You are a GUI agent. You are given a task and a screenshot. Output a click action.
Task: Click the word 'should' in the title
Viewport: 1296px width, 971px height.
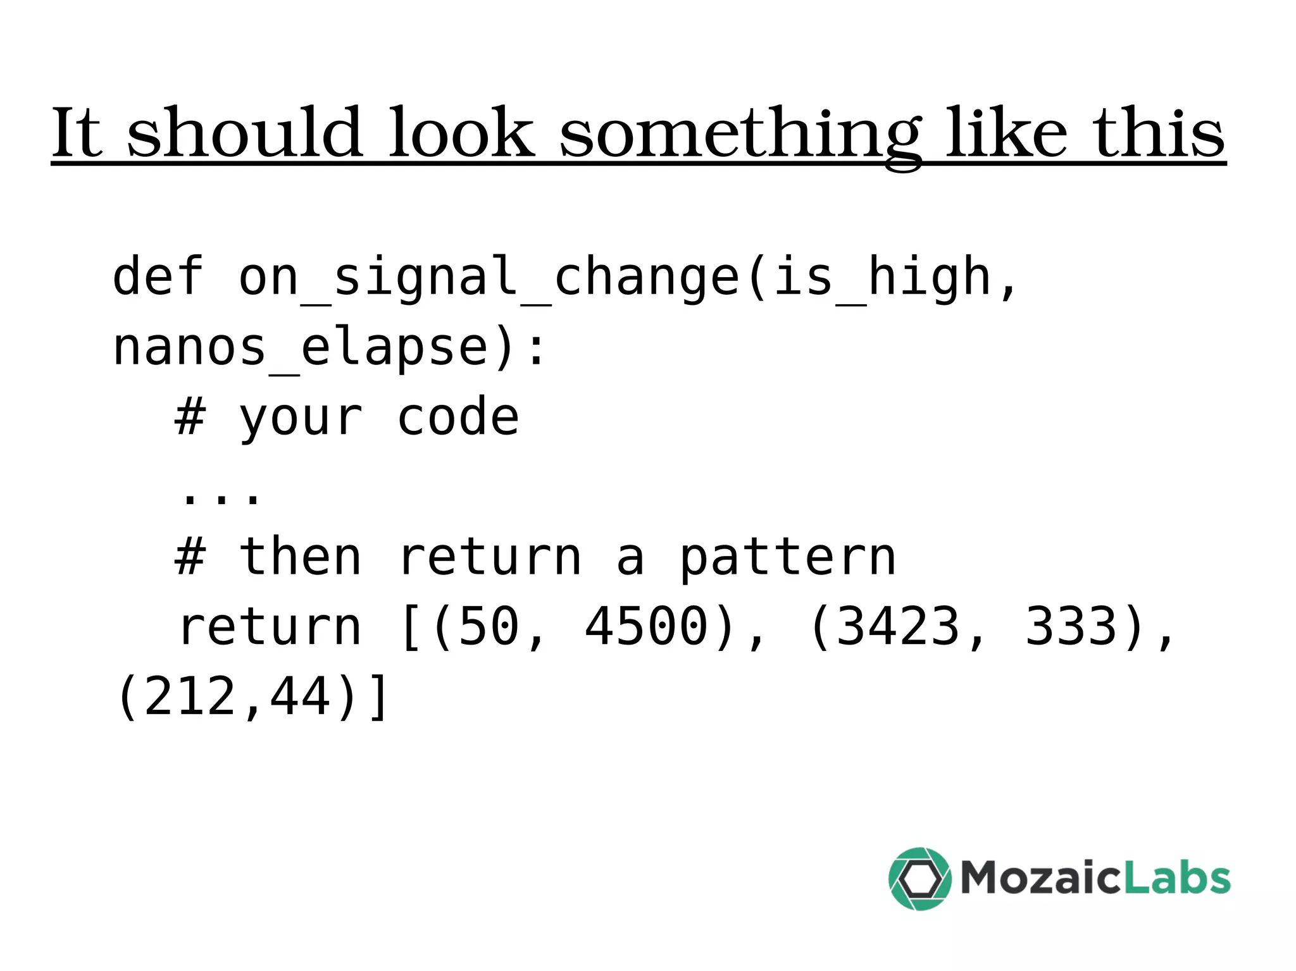(245, 133)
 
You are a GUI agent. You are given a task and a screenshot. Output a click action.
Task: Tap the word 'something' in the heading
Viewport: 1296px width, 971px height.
(740, 134)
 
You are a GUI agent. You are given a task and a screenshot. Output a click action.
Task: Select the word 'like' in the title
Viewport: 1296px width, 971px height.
(1007, 133)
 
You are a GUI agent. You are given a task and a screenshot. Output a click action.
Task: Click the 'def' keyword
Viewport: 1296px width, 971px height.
(158, 276)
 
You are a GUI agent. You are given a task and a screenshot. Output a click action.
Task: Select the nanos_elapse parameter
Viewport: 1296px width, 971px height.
(301, 348)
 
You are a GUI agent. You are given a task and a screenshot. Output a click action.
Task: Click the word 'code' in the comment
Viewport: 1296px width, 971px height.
(458, 417)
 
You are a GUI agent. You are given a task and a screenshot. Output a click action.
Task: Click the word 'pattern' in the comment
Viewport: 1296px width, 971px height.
(788, 559)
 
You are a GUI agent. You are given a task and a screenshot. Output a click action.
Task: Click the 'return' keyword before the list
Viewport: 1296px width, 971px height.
(269, 628)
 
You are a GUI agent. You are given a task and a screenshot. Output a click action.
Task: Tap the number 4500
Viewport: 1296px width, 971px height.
(645, 628)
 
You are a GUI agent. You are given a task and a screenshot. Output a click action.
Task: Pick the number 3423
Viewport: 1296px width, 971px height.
(897, 628)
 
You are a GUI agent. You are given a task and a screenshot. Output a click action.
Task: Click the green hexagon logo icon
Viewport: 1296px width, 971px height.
(919, 879)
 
